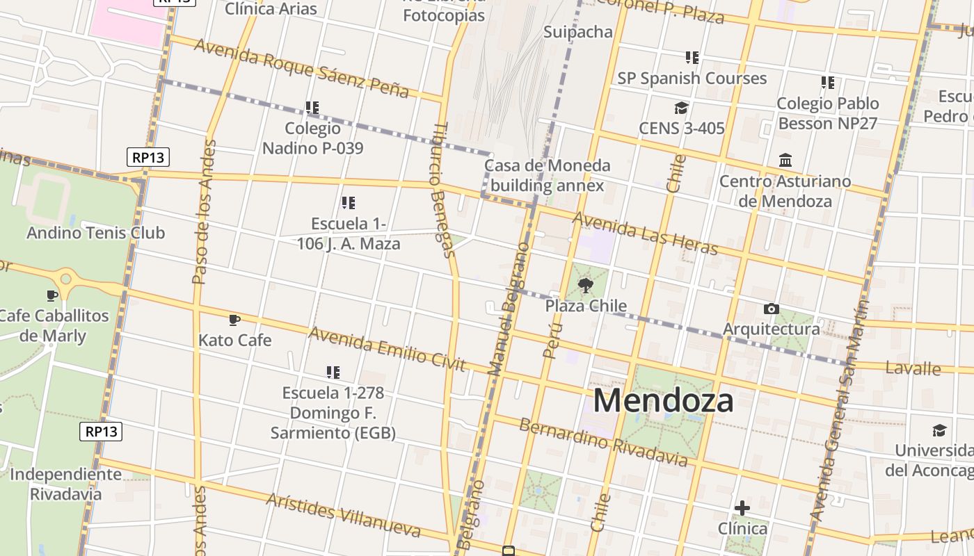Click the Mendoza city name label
pyautogui.click(x=663, y=401)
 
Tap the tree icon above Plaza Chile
pyautogui.click(x=585, y=284)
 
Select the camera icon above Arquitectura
pyautogui.click(x=771, y=309)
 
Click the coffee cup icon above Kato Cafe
pyautogui.click(x=234, y=320)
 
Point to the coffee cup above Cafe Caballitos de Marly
pyautogui.click(x=52, y=295)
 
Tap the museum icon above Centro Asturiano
pyautogui.click(x=785, y=161)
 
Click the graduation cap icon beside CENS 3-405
pyautogui.click(x=681, y=108)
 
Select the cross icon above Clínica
pyautogui.click(x=742, y=508)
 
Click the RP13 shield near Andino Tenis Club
pyautogui.click(x=148, y=157)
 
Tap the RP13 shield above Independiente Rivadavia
pyautogui.click(x=102, y=432)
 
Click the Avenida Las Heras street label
pyautogui.click(x=644, y=234)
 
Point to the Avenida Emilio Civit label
pyautogui.click(x=387, y=350)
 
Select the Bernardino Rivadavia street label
pyautogui.click(x=603, y=442)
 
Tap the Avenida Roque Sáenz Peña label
pyautogui.click(x=301, y=67)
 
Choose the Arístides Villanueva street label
pyautogui.click(x=343, y=515)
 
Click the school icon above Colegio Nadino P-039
pyautogui.click(x=312, y=108)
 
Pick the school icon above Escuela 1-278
pyautogui.click(x=333, y=373)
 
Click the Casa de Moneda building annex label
pyautogui.click(x=548, y=176)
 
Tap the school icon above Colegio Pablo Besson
pyautogui.click(x=827, y=83)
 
